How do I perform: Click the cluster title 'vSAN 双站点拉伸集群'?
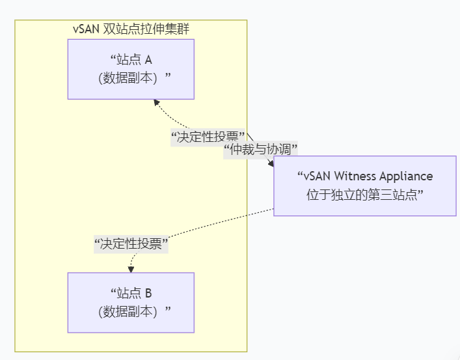click(x=131, y=29)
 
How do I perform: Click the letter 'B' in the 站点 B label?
click(x=148, y=293)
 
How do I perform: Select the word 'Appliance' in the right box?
click(x=408, y=176)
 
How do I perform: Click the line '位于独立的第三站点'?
click(x=364, y=194)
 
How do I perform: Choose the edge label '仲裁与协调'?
click(x=260, y=149)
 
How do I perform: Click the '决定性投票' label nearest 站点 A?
click(x=207, y=137)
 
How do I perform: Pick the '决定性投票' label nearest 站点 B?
click(x=131, y=244)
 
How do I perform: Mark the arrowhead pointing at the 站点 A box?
click(x=155, y=102)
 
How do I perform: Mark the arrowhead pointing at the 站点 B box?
click(x=131, y=269)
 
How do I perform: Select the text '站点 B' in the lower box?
click(x=131, y=293)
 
